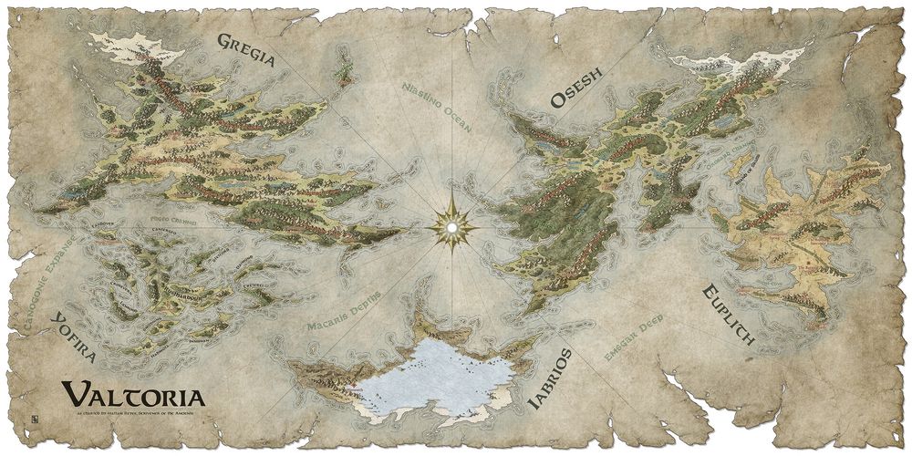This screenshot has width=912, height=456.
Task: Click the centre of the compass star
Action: coord(451,223)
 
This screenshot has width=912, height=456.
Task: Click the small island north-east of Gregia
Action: coord(344,66)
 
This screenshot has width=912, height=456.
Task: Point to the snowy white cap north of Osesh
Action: coord(730,62)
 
